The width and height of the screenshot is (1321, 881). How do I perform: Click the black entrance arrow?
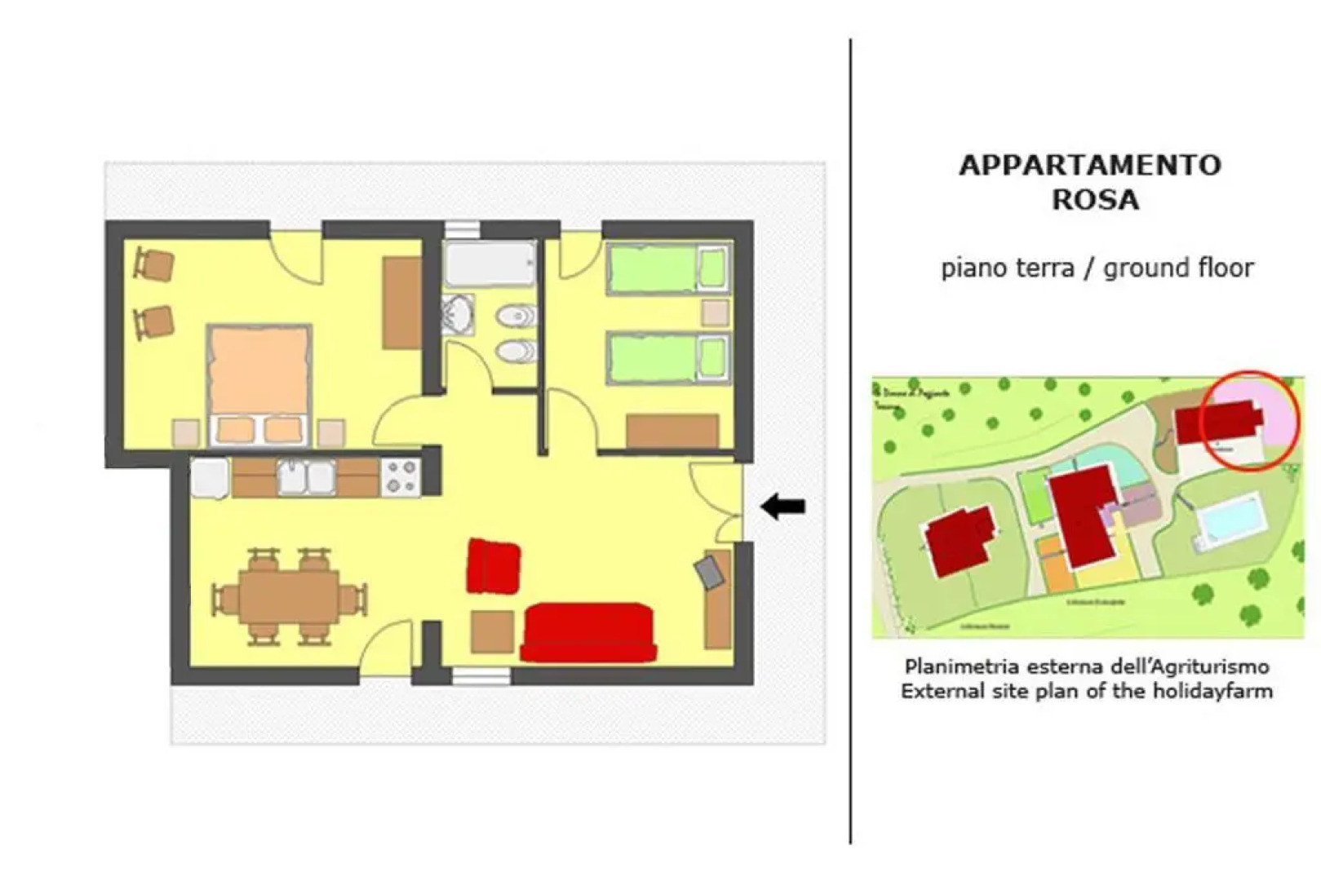click(782, 507)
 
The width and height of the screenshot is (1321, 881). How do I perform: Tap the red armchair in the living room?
click(493, 566)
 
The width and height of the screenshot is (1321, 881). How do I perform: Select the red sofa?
click(587, 632)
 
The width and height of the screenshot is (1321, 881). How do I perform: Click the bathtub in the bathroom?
click(490, 263)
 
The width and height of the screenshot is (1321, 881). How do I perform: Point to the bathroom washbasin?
click(458, 314)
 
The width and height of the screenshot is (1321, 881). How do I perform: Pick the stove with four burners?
click(400, 477)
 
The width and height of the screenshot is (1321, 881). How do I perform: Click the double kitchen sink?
click(306, 477)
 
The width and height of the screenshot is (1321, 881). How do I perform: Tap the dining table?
click(289, 596)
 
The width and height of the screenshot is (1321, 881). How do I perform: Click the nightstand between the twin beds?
click(716, 313)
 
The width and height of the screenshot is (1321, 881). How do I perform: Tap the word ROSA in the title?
click(1094, 200)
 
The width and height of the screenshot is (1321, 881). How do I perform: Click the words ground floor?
click(1178, 268)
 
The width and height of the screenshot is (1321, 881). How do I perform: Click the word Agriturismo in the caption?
click(1206, 666)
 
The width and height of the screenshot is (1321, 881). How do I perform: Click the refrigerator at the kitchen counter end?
click(209, 478)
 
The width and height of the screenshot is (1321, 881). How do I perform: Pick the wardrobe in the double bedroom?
click(401, 303)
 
